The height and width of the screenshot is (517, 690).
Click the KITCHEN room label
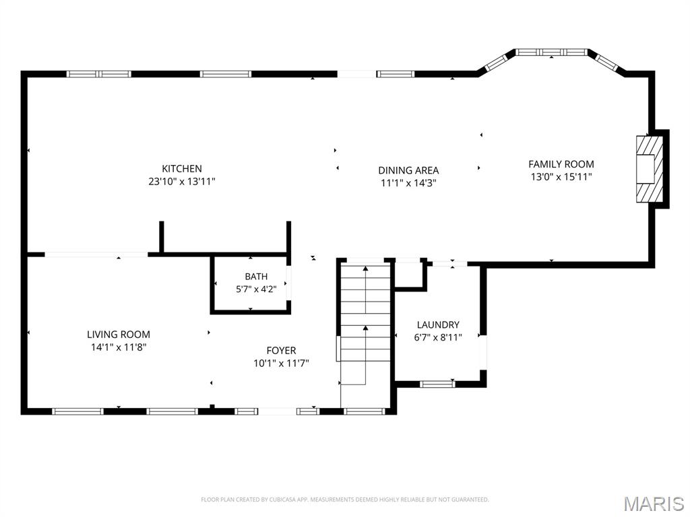(182, 168)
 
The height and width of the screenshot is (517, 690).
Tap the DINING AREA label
(408, 170)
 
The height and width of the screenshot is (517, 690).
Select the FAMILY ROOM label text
(561, 164)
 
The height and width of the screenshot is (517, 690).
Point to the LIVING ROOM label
(119, 334)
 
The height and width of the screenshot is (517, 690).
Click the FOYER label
(281, 350)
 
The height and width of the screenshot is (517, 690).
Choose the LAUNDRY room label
(438, 324)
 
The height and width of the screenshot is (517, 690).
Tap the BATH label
(256, 277)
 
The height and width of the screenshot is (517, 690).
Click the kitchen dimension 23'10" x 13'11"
(182, 181)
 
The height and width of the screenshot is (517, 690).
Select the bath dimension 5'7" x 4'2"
(256, 289)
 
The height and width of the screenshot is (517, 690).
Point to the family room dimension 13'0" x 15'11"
(561, 177)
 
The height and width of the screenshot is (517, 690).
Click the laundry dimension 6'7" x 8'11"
(438, 337)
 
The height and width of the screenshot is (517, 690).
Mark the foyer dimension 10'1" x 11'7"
(281, 363)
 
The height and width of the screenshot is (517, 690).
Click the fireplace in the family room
(650, 169)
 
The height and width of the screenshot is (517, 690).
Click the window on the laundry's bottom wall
(437, 384)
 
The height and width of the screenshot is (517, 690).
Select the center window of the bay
(551, 53)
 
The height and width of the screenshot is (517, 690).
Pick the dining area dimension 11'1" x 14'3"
(408, 183)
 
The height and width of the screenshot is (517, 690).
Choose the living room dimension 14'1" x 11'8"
(119, 347)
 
